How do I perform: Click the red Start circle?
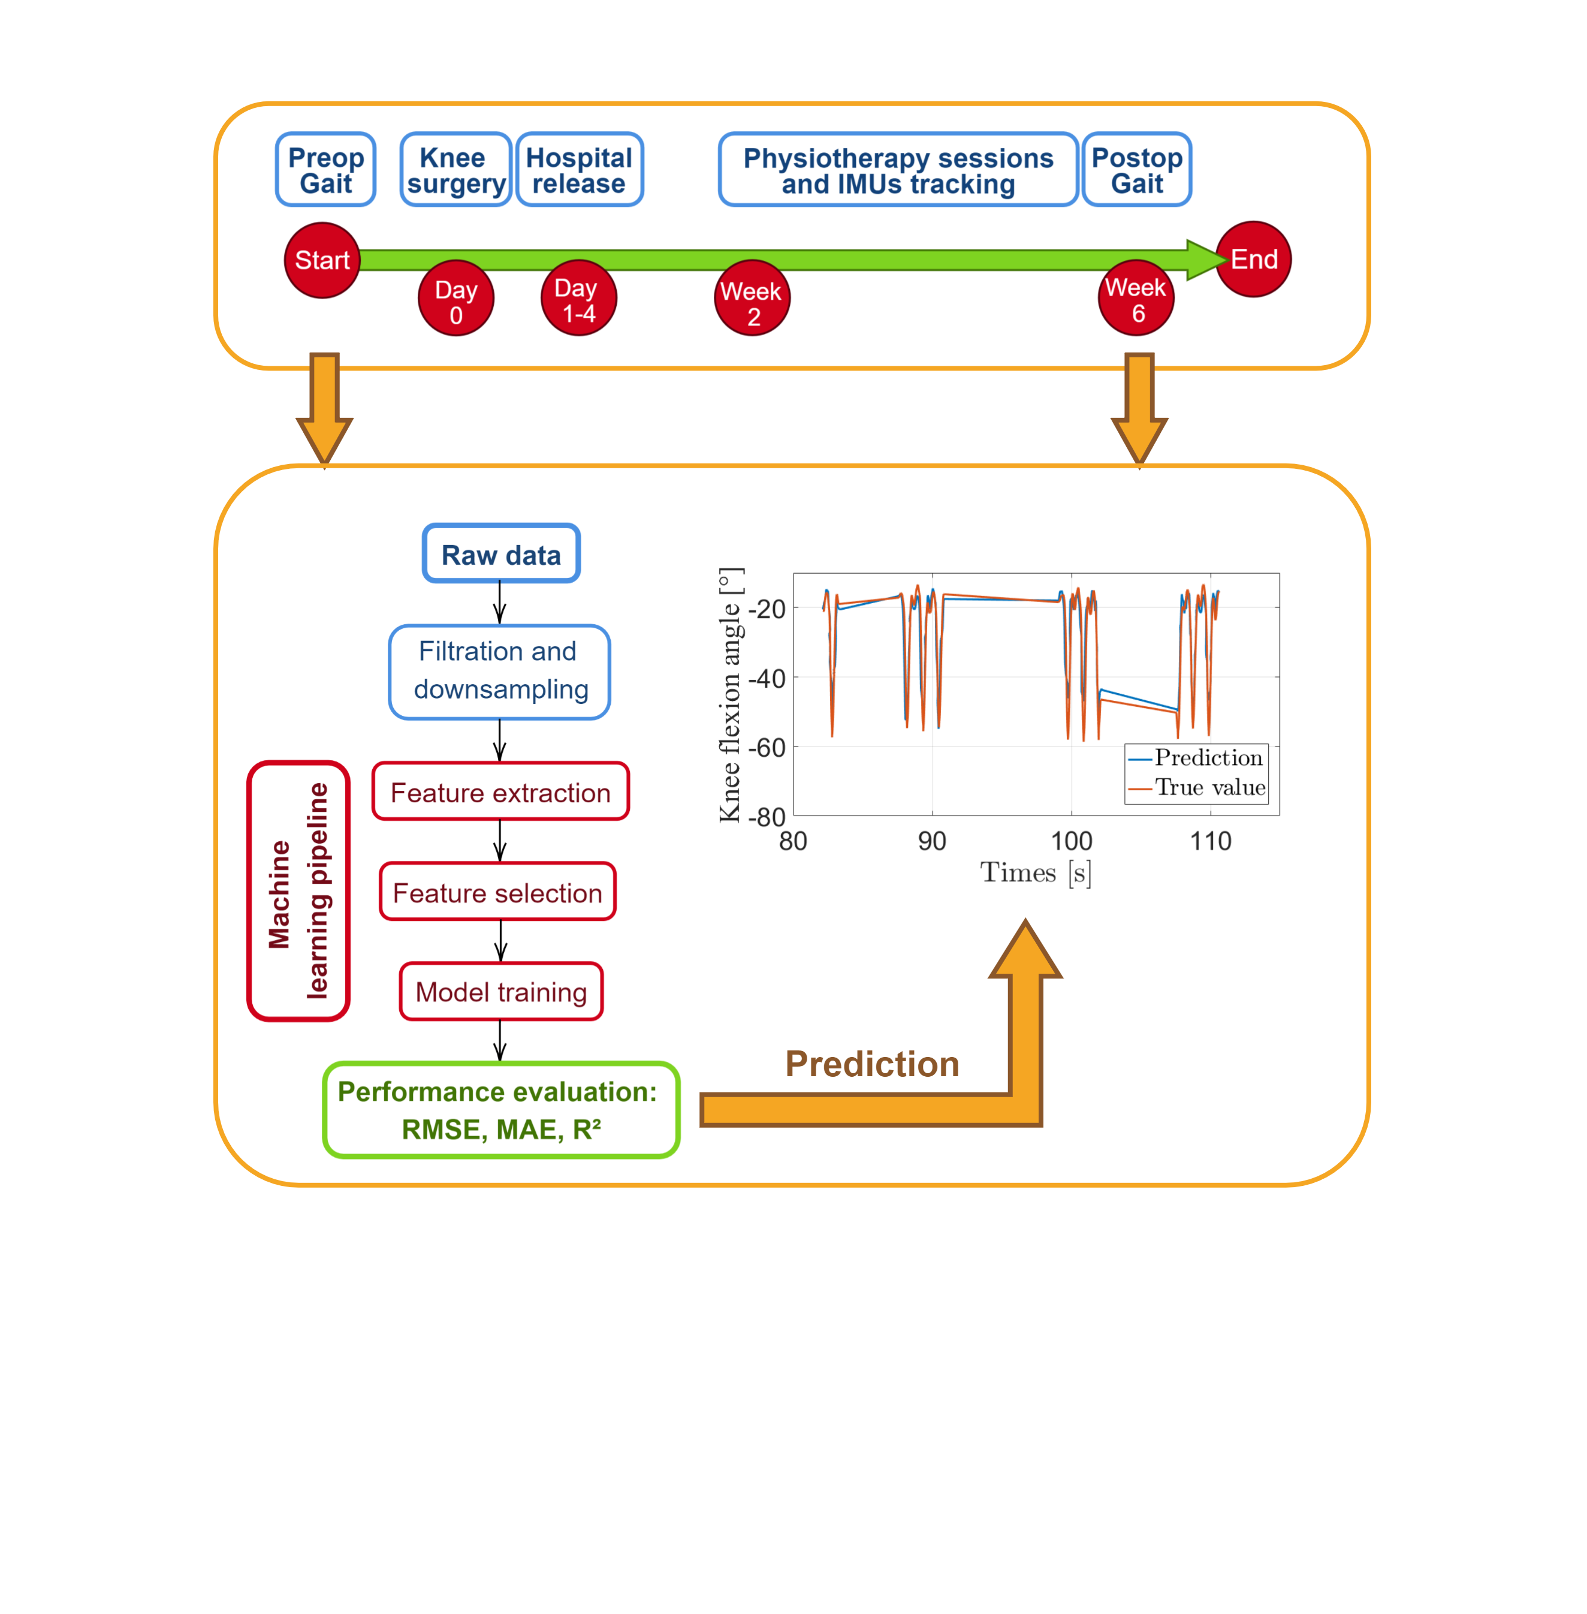pyautogui.click(x=322, y=260)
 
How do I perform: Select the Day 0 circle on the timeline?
pyautogui.click(x=456, y=299)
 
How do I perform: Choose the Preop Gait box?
pyautogui.click(x=326, y=169)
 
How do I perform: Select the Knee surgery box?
pyautogui.click(x=455, y=169)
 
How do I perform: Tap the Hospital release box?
pyautogui.click(x=580, y=169)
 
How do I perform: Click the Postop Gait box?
pyautogui.click(x=1137, y=169)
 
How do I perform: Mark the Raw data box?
pyautogui.click(x=501, y=553)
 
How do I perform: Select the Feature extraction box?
pyautogui.click(x=500, y=791)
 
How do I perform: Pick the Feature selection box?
pyautogui.click(x=497, y=892)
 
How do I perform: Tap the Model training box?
pyautogui.click(x=501, y=991)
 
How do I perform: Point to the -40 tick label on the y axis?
pyautogui.click(x=767, y=679)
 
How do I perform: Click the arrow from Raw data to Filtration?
pyautogui.click(x=500, y=603)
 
